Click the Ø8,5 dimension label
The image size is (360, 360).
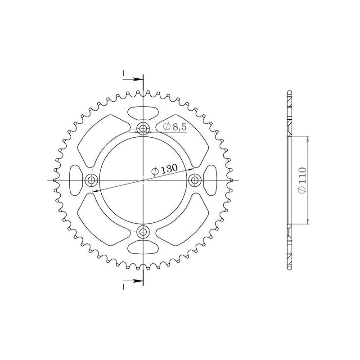coord(174,127)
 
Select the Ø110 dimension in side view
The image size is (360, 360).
coord(302,180)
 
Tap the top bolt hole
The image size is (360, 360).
coord(144,129)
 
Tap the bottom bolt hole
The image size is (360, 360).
coord(144,232)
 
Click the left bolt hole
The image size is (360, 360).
coord(92,180)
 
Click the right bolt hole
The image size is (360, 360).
coord(195,180)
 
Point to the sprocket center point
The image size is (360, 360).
coord(144,180)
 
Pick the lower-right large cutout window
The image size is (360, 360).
coord(185,224)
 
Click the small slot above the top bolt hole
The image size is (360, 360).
coord(144,112)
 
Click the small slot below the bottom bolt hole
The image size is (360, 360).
coord(144,249)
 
